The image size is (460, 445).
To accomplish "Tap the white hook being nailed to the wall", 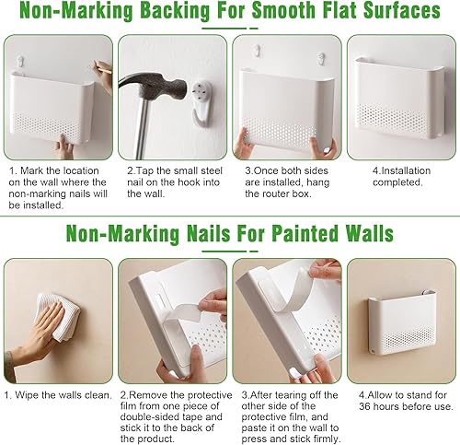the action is tap(201, 103).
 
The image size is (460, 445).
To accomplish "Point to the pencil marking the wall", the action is tap(104, 68).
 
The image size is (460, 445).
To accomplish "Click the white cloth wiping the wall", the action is tap(58, 317).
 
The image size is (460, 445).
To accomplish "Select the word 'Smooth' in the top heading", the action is tap(283, 11).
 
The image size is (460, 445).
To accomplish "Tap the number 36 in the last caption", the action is tap(365, 406).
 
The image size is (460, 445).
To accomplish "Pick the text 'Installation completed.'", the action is tap(401, 177).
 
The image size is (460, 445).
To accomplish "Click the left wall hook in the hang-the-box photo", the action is tap(258, 52).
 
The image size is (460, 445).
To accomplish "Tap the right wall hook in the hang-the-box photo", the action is tap(321, 58).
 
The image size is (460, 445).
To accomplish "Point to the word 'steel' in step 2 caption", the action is tap(210, 170).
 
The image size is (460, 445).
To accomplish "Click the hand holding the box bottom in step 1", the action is tap(64, 146).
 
